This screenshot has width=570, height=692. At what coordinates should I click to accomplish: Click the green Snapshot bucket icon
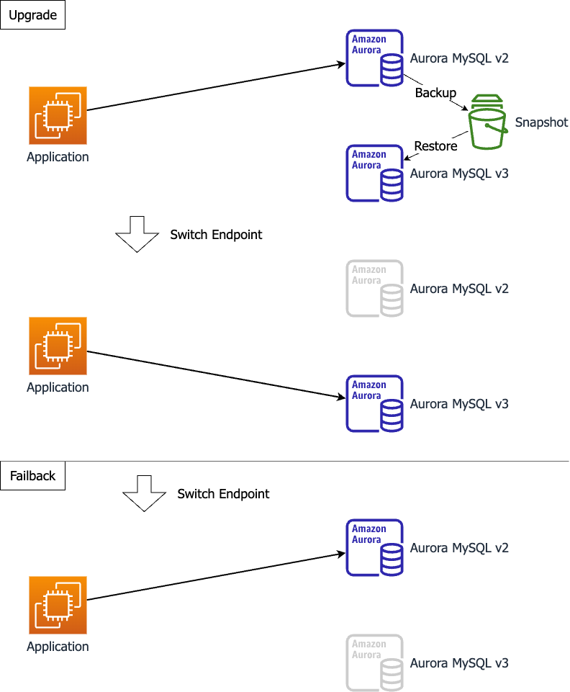point(488,122)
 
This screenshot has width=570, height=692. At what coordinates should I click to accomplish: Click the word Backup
point(435,93)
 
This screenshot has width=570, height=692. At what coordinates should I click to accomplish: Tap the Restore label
point(435,146)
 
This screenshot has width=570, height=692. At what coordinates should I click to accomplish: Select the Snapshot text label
point(541,122)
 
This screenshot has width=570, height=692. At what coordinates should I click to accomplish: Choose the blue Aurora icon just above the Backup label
point(374,58)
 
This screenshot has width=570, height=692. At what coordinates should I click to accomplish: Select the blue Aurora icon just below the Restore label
point(374,174)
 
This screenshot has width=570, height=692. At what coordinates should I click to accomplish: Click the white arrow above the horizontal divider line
point(137,233)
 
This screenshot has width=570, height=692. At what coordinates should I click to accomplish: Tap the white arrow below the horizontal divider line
point(144,493)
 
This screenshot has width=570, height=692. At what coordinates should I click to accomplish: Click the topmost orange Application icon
point(58,115)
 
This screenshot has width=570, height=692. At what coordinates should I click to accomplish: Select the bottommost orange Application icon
point(58,605)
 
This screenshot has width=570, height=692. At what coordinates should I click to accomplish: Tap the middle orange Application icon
point(58,346)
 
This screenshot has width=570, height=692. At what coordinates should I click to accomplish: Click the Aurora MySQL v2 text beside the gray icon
point(459,289)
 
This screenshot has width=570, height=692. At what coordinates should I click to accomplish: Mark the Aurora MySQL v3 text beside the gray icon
point(459,663)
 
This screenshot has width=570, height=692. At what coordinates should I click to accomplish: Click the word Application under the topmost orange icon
point(58,157)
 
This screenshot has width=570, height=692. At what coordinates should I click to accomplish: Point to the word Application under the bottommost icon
point(58,647)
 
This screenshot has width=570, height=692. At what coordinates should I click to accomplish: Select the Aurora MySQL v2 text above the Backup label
point(459,58)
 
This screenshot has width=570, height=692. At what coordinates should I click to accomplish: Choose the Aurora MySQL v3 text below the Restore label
point(459,174)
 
